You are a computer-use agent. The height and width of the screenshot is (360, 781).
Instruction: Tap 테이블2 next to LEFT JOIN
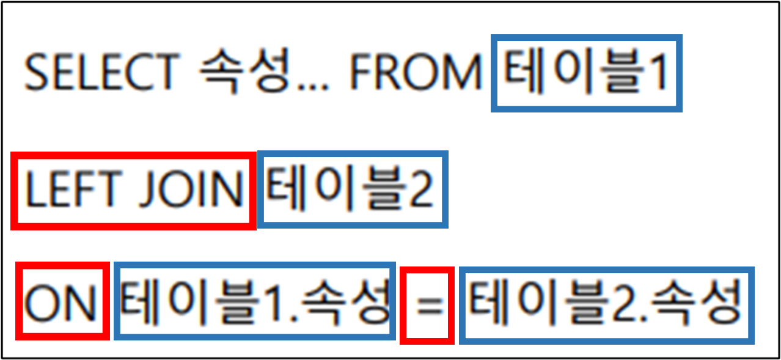[352, 189]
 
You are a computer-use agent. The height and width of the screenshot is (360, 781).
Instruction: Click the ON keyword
[61, 301]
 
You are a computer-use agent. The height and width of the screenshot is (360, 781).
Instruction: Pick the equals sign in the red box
[428, 304]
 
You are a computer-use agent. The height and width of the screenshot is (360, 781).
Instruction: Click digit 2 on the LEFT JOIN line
[420, 189]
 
